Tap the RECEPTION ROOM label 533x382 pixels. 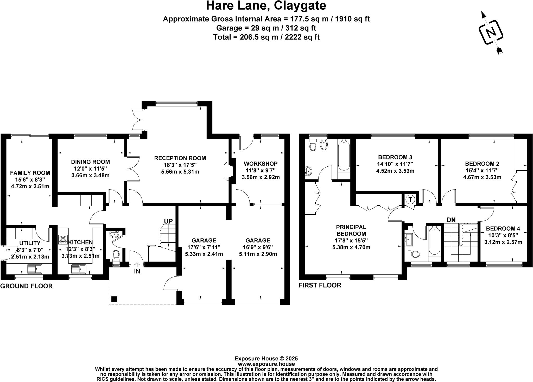(x=180, y=158)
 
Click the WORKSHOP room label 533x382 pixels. (x=261, y=164)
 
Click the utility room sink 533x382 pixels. (x=35, y=269)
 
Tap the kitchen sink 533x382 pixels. (x=79, y=269)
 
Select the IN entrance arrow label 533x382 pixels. (x=137, y=271)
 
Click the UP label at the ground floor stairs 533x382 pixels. (x=168, y=221)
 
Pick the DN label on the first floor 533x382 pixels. (x=451, y=220)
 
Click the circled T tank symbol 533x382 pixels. (x=410, y=200)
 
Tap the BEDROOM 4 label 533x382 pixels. (x=503, y=229)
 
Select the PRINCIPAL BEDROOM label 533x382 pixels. (x=351, y=230)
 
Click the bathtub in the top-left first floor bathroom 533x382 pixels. (x=344, y=155)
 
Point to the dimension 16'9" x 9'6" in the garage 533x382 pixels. (x=258, y=254)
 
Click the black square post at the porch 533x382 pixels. (x=114, y=299)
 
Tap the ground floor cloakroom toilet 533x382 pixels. (x=116, y=254)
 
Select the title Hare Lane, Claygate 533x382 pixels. (x=266, y=6)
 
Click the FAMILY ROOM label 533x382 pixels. (x=30, y=173)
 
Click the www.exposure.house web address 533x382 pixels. (x=266, y=364)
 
